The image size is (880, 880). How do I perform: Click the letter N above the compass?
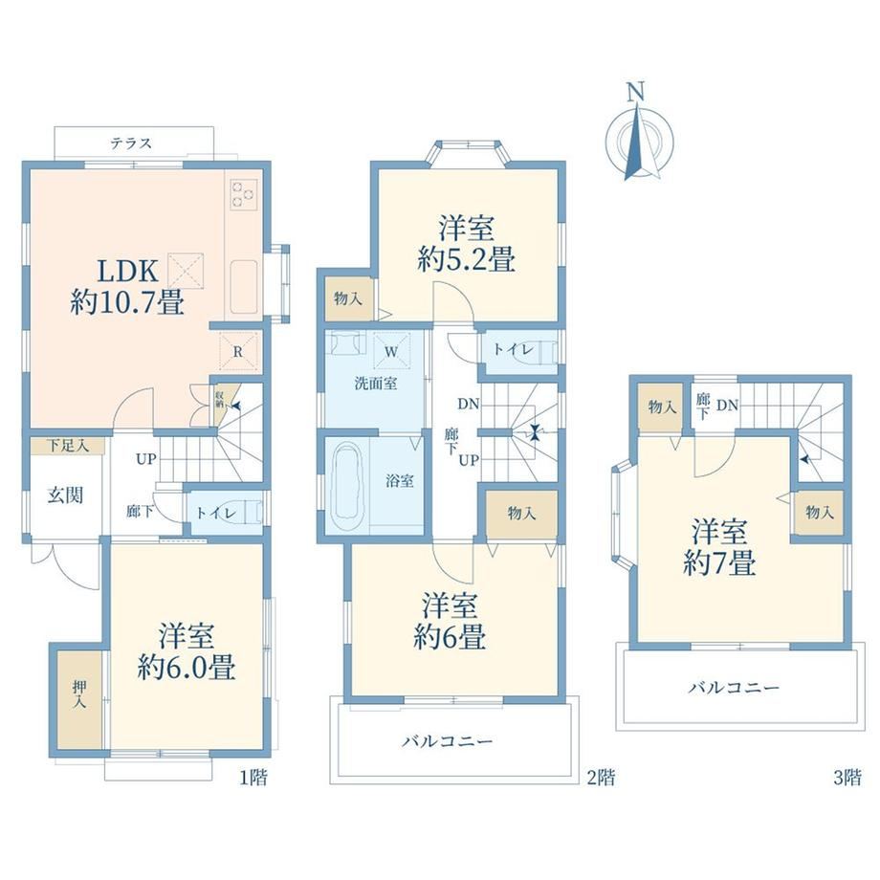click(635, 92)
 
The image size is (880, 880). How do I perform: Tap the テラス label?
click(131, 143)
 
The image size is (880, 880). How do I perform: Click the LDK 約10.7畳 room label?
click(127, 287)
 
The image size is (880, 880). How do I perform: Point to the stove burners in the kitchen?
click(244, 193)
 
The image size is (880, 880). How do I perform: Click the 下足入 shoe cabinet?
click(67, 446)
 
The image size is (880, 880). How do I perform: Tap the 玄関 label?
click(66, 495)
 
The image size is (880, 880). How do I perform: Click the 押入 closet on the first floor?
click(79, 699)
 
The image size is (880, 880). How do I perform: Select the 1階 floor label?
click(253, 778)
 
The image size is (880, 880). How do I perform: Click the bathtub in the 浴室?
click(347, 486)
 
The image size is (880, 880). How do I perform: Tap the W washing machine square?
click(392, 351)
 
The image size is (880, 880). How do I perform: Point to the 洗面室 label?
click(376, 384)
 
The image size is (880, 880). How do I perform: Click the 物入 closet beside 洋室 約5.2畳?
click(348, 298)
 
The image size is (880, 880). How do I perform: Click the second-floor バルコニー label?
click(448, 741)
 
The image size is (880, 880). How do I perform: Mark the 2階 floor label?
click(601, 778)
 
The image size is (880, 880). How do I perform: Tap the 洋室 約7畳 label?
click(719, 547)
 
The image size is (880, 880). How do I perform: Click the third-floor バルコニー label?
click(734, 688)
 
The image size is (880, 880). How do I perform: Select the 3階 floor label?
click(847, 778)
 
